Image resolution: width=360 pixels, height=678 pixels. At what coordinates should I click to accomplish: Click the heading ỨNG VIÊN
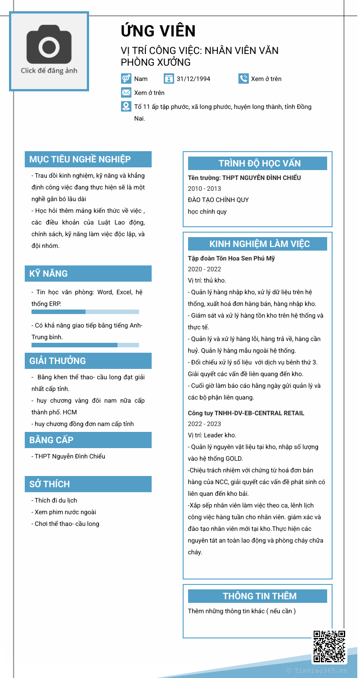tap(158, 31)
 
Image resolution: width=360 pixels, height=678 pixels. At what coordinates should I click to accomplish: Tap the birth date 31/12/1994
tap(193, 79)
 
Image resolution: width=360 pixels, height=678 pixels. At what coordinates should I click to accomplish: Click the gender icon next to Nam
tap(126, 78)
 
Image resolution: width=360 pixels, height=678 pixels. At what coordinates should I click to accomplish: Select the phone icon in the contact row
tap(243, 78)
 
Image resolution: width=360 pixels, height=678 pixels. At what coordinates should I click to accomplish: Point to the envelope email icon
tap(126, 93)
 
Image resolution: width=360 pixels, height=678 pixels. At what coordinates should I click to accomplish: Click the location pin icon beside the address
tap(126, 107)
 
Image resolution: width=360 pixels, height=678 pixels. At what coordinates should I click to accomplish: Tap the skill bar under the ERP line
tap(85, 312)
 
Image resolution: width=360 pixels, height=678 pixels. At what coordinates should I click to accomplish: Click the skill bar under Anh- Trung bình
tap(85, 345)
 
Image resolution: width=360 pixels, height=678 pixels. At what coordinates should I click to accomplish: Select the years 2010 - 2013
tap(204, 189)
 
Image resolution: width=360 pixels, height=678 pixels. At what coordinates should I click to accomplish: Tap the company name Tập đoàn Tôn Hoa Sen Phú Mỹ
tap(231, 258)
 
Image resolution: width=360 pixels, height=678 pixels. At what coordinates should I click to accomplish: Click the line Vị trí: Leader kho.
tap(212, 435)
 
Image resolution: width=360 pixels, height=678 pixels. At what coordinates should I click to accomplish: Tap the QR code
tap(329, 647)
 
